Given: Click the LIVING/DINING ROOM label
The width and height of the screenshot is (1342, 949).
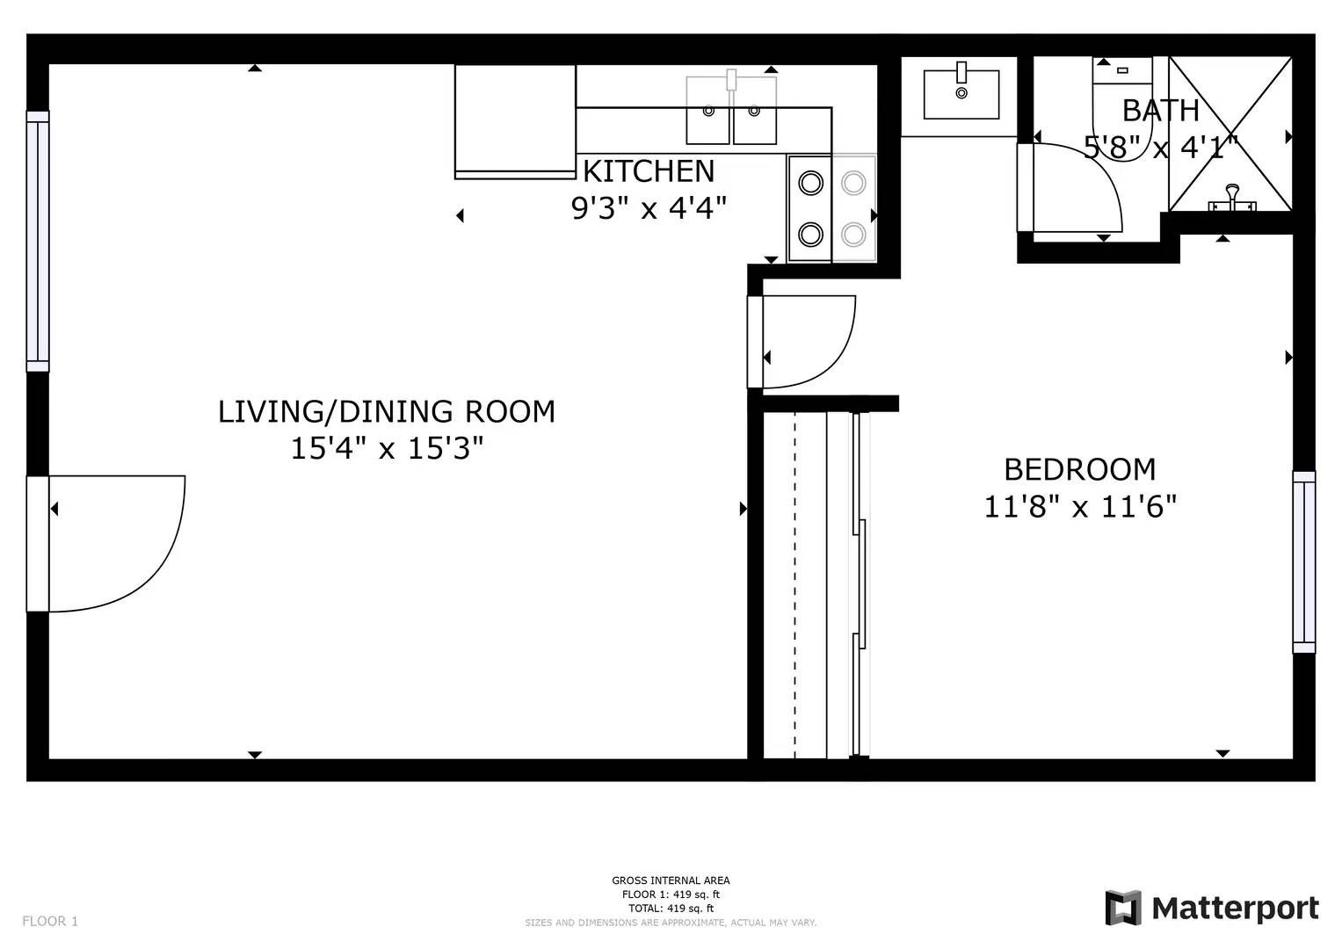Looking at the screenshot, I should click(387, 411).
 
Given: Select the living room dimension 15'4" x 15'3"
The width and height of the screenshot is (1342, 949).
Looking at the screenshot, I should click(387, 449).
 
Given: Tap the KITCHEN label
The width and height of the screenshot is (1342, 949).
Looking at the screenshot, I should click(649, 170).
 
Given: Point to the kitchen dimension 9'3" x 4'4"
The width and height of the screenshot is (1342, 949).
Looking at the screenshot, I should click(649, 208).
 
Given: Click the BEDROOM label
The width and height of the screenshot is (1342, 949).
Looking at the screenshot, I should click(1079, 469).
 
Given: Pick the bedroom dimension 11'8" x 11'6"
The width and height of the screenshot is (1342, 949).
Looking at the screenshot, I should click(1079, 507).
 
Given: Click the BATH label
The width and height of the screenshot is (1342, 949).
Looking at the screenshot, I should click(1160, 111).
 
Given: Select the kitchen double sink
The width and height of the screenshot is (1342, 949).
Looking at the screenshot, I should click(731, 111).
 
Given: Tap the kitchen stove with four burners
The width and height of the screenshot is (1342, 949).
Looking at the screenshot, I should click(831, 208).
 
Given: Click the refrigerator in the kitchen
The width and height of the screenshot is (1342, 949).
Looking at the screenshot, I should click(515, 121).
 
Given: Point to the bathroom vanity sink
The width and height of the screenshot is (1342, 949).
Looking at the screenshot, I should click(961, 94).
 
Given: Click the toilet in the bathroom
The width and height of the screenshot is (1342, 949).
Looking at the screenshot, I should click(1121, 105).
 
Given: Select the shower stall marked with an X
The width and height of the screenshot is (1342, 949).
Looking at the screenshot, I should click(1230, 134).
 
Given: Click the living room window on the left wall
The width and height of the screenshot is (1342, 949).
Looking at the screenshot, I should click(38, 242).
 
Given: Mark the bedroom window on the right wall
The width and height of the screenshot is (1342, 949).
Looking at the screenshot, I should click(1304, 562).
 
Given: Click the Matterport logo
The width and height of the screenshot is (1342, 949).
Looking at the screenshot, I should click(1212, 908).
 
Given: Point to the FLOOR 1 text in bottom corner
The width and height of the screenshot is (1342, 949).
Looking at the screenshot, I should click(50, 921).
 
